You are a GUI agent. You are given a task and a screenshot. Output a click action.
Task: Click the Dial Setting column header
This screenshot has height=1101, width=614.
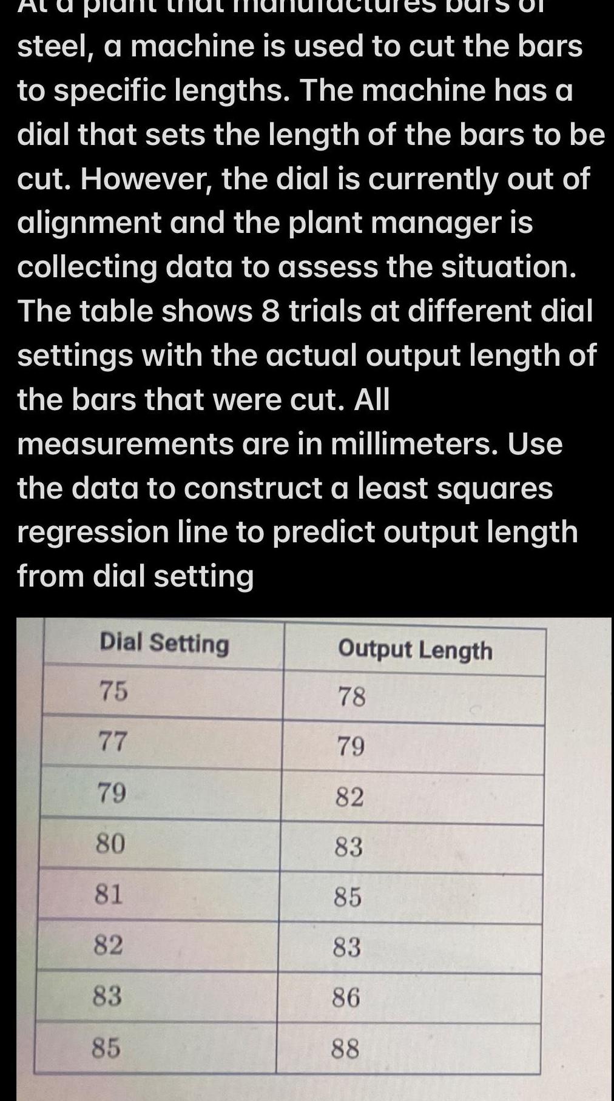coord(164,643)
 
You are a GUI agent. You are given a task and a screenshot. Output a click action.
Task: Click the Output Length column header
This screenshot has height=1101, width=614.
coord(415,650)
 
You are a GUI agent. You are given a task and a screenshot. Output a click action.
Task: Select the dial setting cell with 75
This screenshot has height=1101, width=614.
coord(113,691)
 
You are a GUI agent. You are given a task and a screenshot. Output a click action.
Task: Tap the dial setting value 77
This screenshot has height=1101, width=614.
coord(113,741)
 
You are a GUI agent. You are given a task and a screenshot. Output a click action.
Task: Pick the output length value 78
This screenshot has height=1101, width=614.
coord(352,696)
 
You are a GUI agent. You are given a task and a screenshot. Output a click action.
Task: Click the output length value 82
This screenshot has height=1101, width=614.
coord(350,796)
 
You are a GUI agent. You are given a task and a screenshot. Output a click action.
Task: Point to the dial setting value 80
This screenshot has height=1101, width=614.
coord(110,843)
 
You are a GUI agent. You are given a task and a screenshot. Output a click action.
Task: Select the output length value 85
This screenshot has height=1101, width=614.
coord(348,897)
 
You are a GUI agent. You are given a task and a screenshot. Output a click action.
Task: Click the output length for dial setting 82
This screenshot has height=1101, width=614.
coord(347,947)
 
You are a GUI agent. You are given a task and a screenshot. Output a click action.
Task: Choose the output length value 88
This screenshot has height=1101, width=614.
coord(345,1048)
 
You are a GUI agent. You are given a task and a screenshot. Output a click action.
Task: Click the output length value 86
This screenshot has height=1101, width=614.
coord(346,997)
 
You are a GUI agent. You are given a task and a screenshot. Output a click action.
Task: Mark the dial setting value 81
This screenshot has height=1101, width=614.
coord(109,894)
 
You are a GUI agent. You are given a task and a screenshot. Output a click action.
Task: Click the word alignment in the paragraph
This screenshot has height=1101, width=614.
coord(88,223)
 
